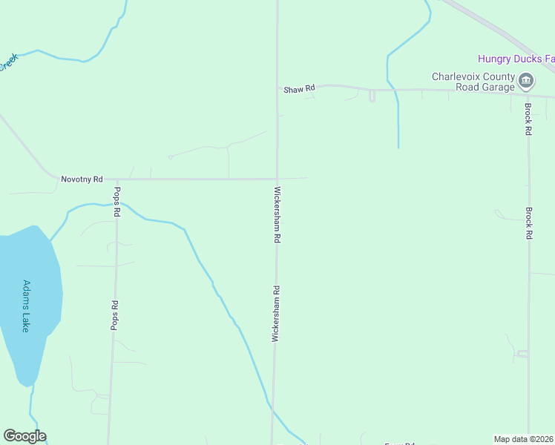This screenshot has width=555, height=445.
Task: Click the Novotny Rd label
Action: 82,179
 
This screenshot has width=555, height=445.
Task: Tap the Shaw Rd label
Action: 299,88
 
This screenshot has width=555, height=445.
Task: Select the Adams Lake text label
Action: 26,306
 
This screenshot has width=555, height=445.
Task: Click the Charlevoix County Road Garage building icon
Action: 526,81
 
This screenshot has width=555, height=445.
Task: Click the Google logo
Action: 24,436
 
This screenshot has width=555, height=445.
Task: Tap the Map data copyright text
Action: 524,438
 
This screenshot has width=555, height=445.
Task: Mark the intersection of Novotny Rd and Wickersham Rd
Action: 277,179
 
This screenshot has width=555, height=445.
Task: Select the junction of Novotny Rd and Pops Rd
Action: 116,179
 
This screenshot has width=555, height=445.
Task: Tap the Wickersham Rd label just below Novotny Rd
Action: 277,215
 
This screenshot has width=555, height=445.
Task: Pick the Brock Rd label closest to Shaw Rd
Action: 528,119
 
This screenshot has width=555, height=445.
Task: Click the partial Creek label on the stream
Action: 7,62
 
